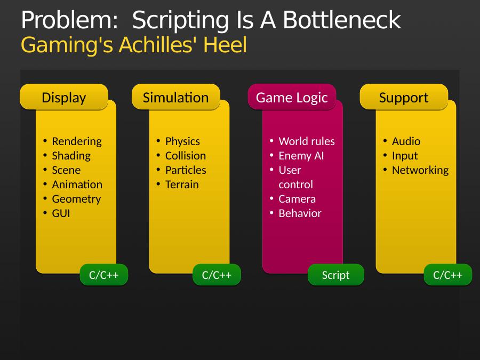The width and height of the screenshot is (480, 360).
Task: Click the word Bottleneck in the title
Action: point(342,20)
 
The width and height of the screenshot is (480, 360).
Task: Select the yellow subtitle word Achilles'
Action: point(159,45)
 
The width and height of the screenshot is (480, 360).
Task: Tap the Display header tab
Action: point(64,97)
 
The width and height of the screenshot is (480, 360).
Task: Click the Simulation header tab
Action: point(175,97)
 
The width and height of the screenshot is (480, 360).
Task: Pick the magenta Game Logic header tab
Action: point(292,97)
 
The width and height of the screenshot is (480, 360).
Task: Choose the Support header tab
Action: point(404,97)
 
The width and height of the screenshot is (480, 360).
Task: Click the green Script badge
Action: point(336,275)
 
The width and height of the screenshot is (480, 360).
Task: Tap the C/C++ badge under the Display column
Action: point(104,275)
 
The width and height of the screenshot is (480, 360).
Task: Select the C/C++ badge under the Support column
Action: point(448,275)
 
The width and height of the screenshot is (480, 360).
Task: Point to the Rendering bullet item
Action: point(77,141)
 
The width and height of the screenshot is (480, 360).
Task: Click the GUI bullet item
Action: point(61,213)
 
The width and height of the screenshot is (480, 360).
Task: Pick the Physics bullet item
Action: point(182,141)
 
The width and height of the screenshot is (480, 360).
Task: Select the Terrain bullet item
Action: point(182,185)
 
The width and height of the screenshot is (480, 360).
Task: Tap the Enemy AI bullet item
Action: point(301,156)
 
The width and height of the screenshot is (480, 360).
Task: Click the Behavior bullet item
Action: point(300,213)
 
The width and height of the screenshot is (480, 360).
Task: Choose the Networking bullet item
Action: point(420,170)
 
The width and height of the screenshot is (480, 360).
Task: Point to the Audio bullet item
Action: point(406,141)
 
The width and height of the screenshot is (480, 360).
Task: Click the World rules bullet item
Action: point(307,141)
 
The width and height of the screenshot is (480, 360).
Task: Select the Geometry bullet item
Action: point(76,199)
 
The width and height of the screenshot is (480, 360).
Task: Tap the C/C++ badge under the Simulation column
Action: point(217,275)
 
